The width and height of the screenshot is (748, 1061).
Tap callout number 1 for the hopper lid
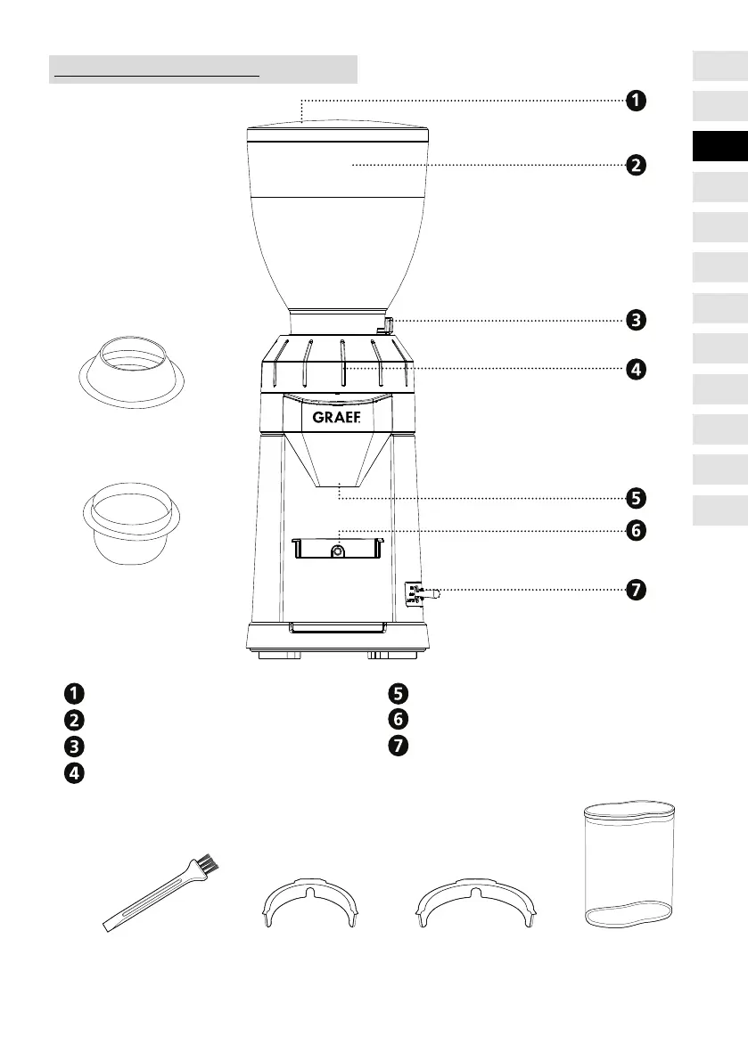coord(634,101)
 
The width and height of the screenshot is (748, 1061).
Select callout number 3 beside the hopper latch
coord(634,320)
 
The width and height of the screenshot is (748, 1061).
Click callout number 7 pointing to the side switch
coord(634,590)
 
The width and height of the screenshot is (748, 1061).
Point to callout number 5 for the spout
coord(634,496)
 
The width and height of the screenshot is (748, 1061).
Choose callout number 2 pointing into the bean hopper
coord(634,166)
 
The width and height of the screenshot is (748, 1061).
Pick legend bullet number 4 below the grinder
coord(73,773)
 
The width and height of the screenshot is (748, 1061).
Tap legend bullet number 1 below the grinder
coord(73,693)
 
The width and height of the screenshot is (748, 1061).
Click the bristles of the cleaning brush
coord(206,864)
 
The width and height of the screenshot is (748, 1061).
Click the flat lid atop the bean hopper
coord(337,131)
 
